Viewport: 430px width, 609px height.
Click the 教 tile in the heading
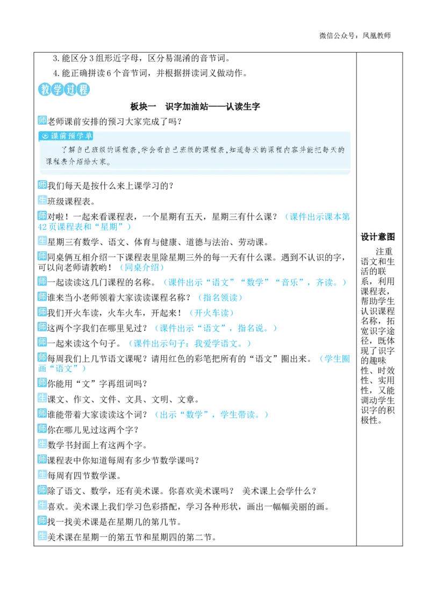[x=44, y=90]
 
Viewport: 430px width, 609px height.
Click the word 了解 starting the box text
[x=66, y=150]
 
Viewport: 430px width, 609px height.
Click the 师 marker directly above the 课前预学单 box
[x=42, y=119]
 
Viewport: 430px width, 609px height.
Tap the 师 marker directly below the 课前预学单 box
[x=42, y=185]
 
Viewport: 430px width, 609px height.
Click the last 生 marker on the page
[x=42, y=536]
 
